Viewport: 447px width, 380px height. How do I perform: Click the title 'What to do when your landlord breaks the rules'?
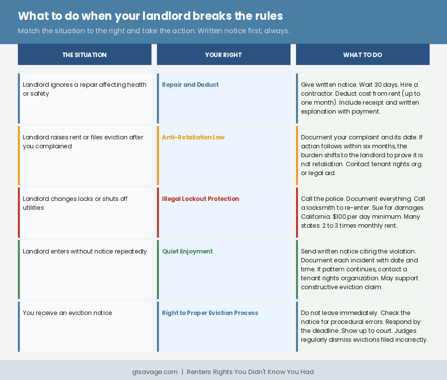(x=150, y=16)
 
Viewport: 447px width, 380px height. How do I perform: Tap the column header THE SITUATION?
(x=84, y=55)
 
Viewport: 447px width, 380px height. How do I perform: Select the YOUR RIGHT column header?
(x=223, y=55)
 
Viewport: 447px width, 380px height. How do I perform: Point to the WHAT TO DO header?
(x=363, y=55)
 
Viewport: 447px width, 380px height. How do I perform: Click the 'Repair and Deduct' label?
(x=190, y=85)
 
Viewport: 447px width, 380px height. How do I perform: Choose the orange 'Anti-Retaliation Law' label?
(x=193, y=137)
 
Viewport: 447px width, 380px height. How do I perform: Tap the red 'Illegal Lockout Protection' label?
(x=200, y=199)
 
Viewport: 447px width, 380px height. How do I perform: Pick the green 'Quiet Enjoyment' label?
(x=187, y=252)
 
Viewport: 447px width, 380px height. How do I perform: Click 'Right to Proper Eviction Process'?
(x=210, y=313)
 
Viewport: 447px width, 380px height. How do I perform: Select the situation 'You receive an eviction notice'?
(x=68, y=313)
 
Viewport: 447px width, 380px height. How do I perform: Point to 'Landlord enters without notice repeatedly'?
(x=85, y=252)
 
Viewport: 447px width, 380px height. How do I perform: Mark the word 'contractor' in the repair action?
(x=317, y=94)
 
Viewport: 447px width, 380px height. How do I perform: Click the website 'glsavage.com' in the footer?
(x=155, y=372)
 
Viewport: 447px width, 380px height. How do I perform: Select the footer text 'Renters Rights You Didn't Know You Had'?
(x=250, y=372)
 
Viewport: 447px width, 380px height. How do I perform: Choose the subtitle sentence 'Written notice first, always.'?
(x=244, y=31)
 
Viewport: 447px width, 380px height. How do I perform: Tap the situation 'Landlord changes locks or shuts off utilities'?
(x=75, y=203)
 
